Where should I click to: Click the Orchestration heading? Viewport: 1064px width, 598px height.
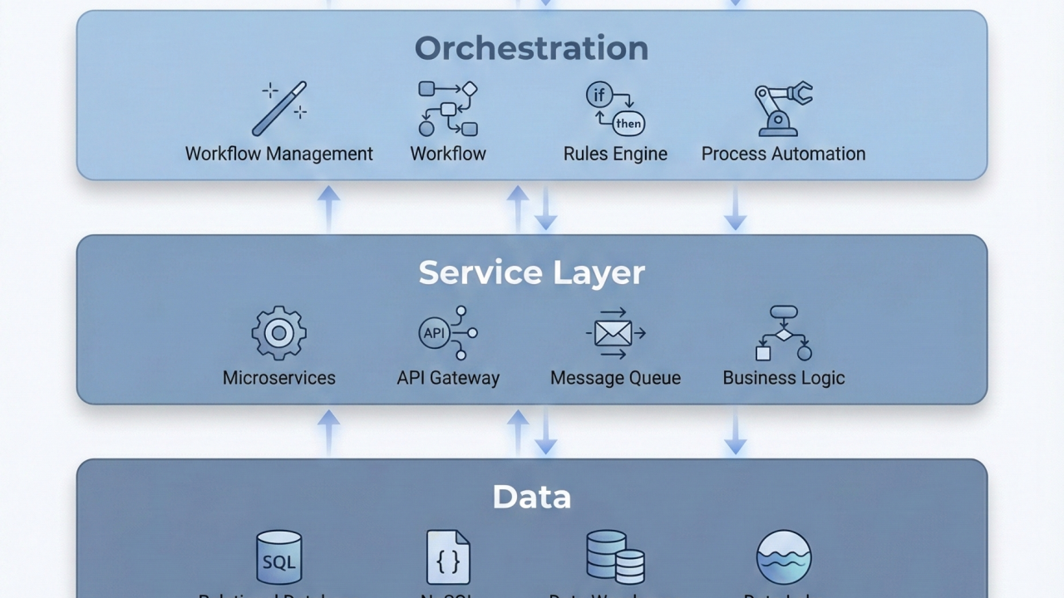pyautogui.click(x=531, y=48)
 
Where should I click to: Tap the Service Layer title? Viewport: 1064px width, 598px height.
pyautogui.click(x=531, y=272)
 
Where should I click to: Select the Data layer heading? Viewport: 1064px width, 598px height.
pyautogui.click(x=531, y=497)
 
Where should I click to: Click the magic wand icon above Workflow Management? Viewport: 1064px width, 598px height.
pyautogui.click(x=279, y=108)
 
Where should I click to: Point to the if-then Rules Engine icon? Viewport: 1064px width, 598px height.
pyautogui.click(x=615, y=109)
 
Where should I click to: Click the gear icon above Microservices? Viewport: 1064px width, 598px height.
pyautogui.click(x=279, y=333)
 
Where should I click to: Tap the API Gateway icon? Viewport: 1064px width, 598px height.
pyautogui.click(x=448, y=333)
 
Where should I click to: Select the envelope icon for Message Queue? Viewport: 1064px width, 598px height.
pyautogui.click(x=615, y=333)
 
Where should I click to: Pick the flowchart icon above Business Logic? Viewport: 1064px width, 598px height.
pyautogui.click(x=783, y=333)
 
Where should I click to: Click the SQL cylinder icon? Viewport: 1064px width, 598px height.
pyautogui.click(x=279, y=557)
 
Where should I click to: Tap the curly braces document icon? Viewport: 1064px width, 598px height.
pyautogui.click(x=448, y=557)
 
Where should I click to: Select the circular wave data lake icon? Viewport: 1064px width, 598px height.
pyautogui.click(x=783, y=557)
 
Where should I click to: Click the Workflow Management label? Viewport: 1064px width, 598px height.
pyautogui.click(x=279, y=154)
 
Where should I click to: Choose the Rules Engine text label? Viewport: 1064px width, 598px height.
pyautogui.click(x=615, y=154)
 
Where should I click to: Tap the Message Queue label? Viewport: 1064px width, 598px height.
pyautogui.click(x=615, y=378)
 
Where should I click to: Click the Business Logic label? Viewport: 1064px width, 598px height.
pyautogui.click(x=783, y=378)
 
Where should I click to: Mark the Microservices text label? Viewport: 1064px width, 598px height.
pyautogui.click(x=279, y=378)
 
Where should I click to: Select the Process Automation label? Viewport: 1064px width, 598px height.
pyautogui.click(x=783, y=154)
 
